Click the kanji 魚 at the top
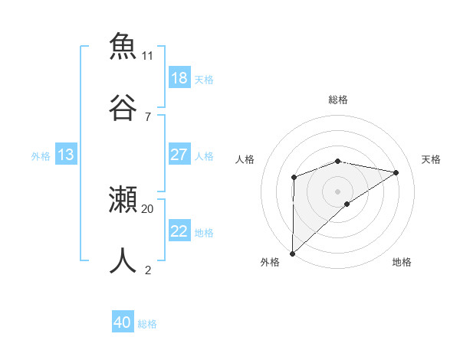(123, 46)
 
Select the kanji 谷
(123, 107)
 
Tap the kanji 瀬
(123, 199)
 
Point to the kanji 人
(123, 260)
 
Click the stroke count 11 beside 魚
(148, 55)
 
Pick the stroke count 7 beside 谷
(148, 116)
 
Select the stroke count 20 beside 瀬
(148, 208)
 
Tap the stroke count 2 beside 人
(148, 270)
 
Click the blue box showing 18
(179, 77)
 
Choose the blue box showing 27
(179, 155)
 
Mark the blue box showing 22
(179, 231)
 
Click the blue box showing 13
(65, 155)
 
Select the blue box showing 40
(122, 322)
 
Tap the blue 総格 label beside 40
(147, 324)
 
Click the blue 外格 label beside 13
(41, 156)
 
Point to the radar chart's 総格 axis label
(338, 100)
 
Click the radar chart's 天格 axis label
(432, 159)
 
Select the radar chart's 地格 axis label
(402, 262)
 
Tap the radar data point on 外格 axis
(292, 253)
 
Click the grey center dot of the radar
(338, 191)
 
